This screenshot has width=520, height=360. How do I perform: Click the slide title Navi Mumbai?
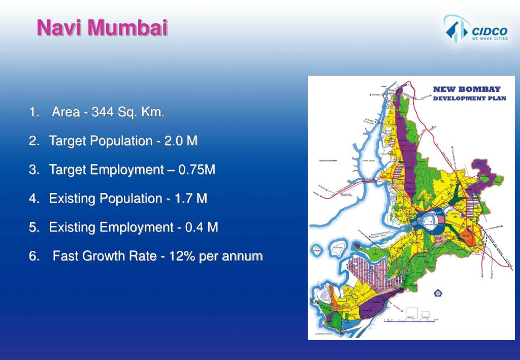(102, 27)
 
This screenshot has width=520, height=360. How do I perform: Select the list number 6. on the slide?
(34, 256)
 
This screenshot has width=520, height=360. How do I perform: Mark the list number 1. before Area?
(34, 112)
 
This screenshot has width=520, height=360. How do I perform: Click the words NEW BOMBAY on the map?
(466, 89)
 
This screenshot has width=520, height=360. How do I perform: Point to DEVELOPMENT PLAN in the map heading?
(469, 98)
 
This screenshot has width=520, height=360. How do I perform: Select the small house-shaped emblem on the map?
(437, 292)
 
